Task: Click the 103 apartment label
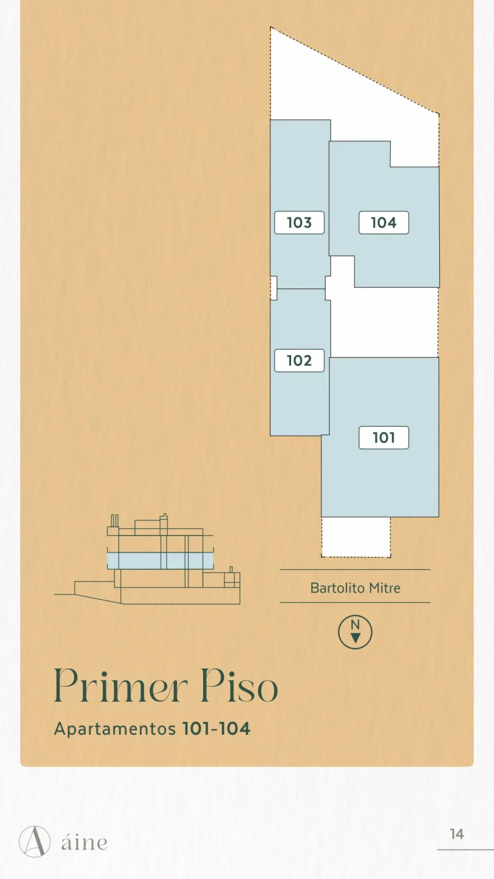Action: [x=299, y=222]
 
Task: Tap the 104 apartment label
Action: [x=384, y=222]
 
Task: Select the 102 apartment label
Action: [x=299, y=360]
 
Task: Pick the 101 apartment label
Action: [x=384, y=438]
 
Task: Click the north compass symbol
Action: [x=355, y=632]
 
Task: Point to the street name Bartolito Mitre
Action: [x=355, y=588]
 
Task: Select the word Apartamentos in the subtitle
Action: [x=115, y=729]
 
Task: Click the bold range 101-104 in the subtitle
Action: [x=216, y=729]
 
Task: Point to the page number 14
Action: [x=456, y=834]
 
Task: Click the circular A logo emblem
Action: [x=35, y=841]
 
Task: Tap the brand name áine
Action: [x=85, y=841]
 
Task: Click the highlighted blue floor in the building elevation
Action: [x=160, y=560]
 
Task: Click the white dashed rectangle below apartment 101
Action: [x=356, y=537]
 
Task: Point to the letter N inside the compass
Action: [x=355, y=624]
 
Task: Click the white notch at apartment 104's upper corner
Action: [x=414, y=154]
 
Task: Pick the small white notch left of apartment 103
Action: [x=274, y=288]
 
